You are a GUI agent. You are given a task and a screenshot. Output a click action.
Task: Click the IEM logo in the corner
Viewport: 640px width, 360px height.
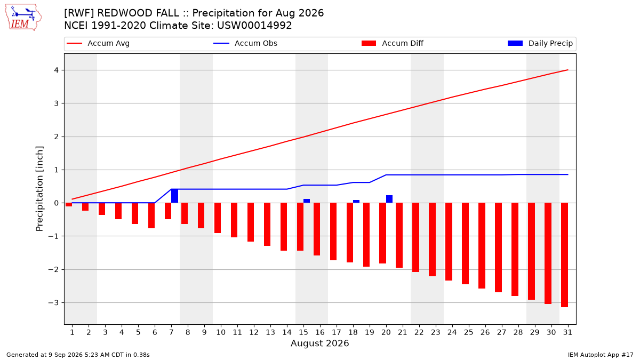click(x=23, y=18)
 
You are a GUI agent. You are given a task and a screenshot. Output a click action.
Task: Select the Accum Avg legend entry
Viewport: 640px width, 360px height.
click(x=98, y=43)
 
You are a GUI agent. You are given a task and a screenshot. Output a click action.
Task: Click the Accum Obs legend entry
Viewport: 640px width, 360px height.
click(x=245, y=43)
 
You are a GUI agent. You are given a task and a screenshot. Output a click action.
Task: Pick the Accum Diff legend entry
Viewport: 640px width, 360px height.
click(x=393, y=43)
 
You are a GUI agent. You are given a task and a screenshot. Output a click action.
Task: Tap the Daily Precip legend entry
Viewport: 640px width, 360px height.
click(x=540, y=43)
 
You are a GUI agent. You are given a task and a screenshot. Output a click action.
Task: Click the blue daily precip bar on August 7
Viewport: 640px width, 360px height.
click(x=174, y=196)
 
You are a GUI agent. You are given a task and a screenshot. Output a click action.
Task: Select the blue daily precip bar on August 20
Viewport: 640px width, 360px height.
click(x=389, y=199)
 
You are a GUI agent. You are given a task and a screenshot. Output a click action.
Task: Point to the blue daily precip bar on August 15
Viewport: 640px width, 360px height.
click(x=307, y=201)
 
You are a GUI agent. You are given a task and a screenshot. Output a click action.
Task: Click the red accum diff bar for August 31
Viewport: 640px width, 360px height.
click(x=565, y=255)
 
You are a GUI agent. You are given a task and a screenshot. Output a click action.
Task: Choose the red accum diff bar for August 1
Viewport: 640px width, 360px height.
click(x=69, y=205)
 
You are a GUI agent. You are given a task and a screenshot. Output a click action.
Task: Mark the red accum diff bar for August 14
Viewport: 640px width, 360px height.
click(x=284, y=227)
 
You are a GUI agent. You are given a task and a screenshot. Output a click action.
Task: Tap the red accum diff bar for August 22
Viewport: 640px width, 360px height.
click(x=415, y=237)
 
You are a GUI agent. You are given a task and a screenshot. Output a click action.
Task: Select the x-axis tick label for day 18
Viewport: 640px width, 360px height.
click(x=353, y=332)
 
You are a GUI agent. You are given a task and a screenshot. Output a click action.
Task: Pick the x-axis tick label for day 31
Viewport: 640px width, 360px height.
click(x=567, y=332)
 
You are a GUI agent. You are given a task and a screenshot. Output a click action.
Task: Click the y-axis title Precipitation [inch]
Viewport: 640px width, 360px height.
click(x=39, y=189)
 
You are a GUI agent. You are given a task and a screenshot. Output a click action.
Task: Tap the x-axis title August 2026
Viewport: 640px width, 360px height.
click(x=319, y=343)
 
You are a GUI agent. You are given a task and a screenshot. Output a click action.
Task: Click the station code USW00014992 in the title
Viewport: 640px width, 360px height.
click(x=254, y=26)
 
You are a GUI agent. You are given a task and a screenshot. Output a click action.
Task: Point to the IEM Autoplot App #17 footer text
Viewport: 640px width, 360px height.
click(x=601, y=355)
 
